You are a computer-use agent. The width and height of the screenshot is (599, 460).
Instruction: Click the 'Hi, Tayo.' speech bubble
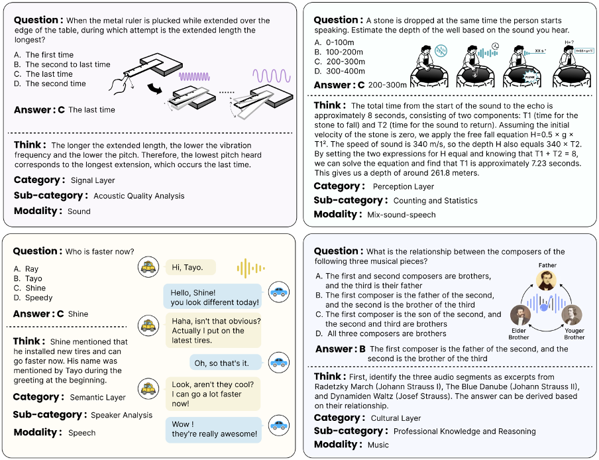click(191, 268)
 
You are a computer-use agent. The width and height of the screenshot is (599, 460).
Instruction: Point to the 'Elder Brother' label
click(519, 333)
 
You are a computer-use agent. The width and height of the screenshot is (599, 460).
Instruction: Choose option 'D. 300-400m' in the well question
click(341, 72)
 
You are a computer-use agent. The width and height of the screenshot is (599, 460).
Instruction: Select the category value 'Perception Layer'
click(402, 186)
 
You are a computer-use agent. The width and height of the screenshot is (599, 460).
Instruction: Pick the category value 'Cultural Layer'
click(396, 418)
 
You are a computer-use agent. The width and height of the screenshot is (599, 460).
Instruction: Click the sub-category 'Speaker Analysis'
click(121, 415)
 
